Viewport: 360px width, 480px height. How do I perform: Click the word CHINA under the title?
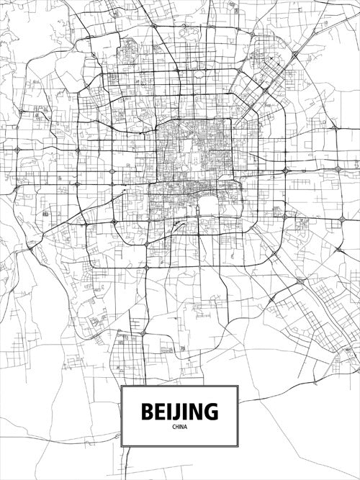(x=179, y=427)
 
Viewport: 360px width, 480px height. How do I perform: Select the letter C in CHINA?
(x=174, y=427)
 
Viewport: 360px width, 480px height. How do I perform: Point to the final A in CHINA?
(x=185, y=427)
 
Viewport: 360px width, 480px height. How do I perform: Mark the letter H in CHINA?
(x=177, y=427)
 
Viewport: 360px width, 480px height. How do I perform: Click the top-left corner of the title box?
(x=122, y=386)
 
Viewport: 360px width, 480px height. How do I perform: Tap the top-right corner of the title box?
(x=238, y=386)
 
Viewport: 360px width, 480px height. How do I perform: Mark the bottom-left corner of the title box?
(x=122, y=445)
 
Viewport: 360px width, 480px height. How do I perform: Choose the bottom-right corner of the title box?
(x=238, y=445)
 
